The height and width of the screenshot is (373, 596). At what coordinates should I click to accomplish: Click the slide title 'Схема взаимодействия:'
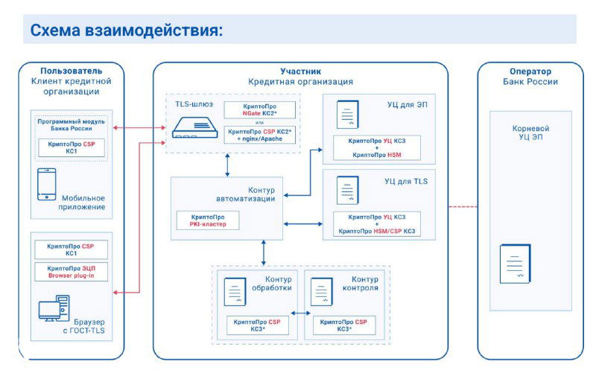pos(127,31)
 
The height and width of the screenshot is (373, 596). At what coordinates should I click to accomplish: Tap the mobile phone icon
pos(47,184)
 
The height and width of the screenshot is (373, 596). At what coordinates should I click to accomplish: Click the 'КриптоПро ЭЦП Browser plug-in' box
pos(72,272)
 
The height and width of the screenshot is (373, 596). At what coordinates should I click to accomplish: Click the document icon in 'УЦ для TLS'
pos(346,190)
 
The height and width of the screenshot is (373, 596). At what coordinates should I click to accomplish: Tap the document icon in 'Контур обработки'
pos(235,292)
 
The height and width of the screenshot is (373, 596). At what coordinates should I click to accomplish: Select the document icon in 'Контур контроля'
pos(321,292)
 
